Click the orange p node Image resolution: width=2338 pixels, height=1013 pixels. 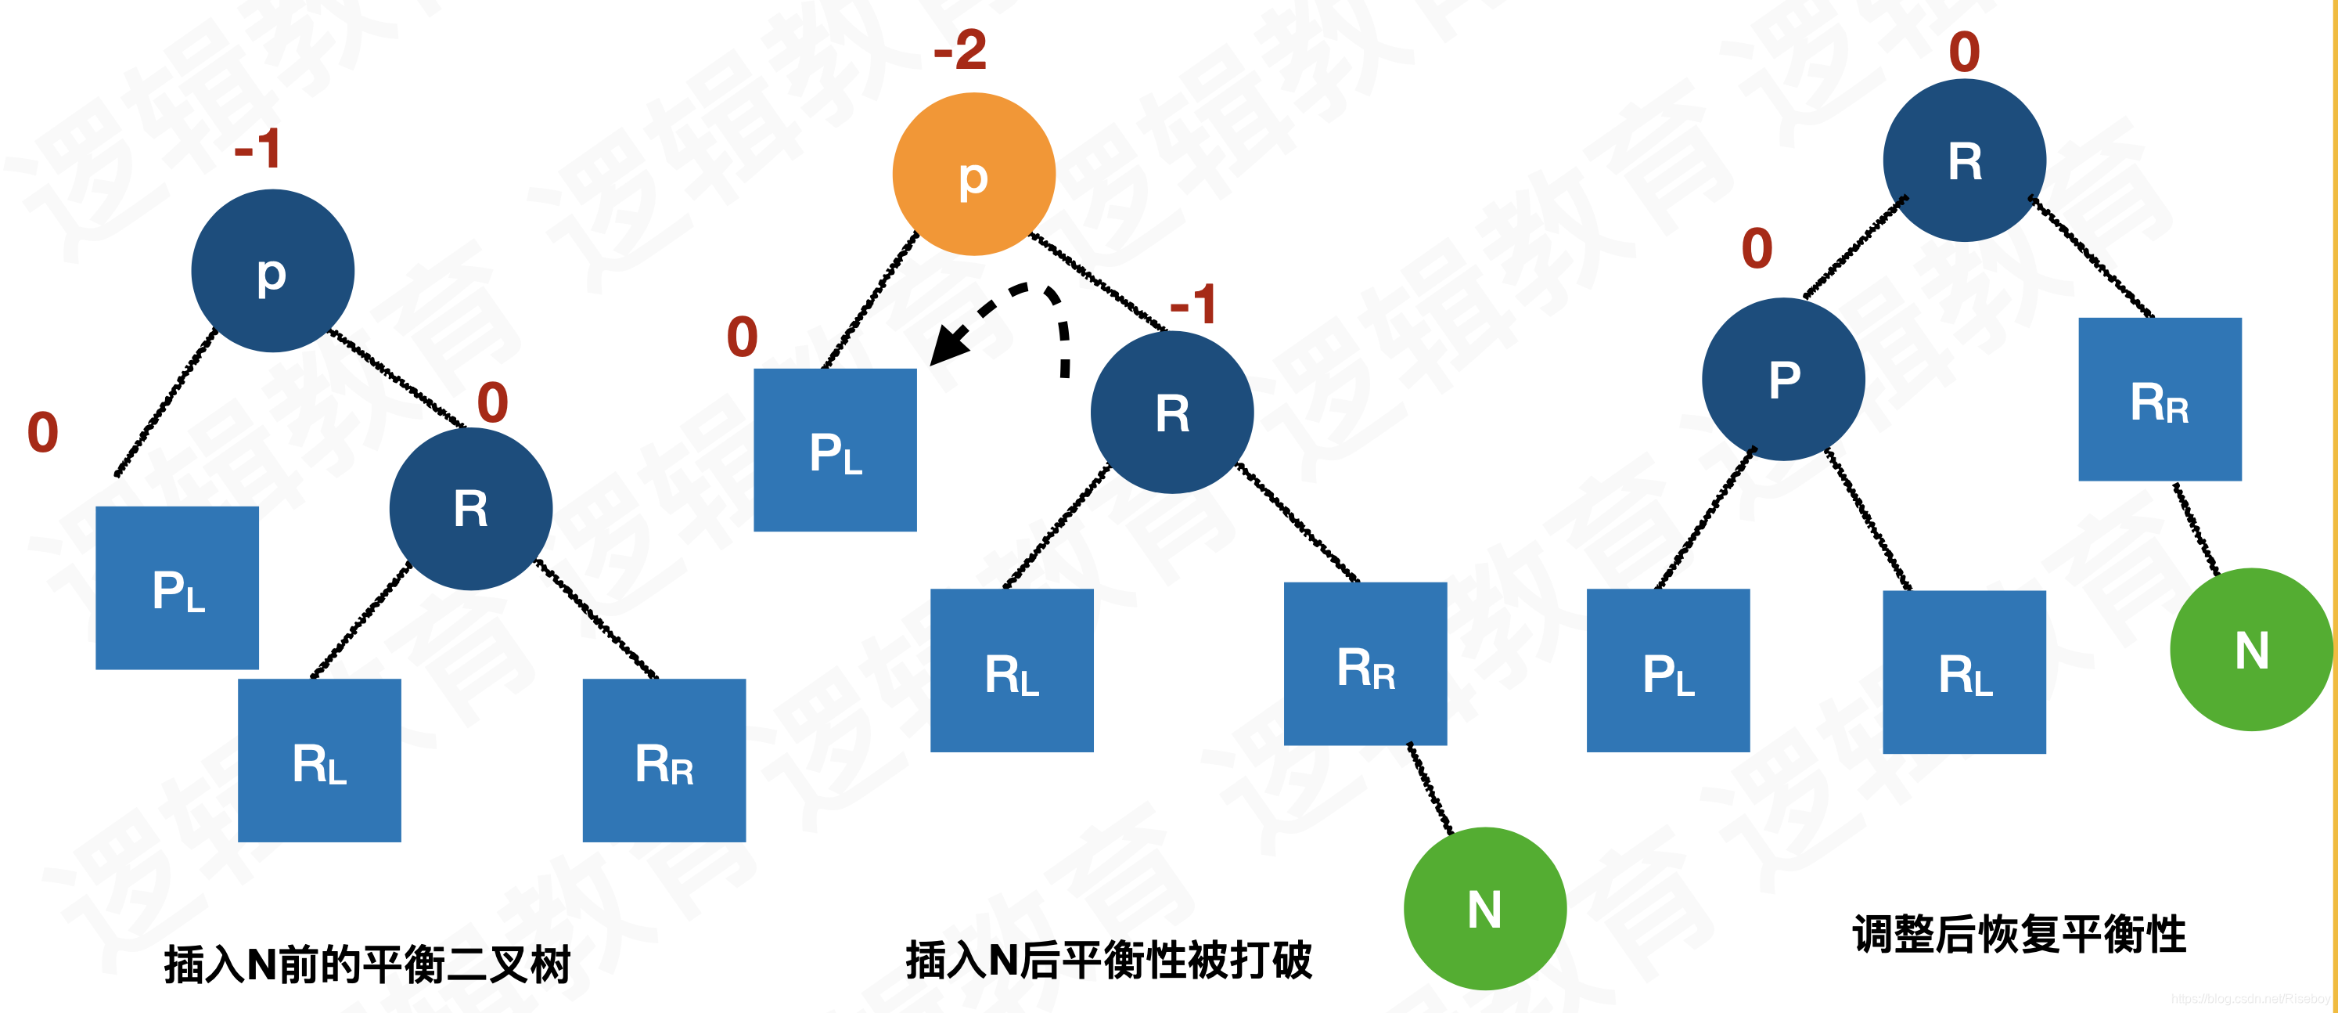click(x=974, y=175)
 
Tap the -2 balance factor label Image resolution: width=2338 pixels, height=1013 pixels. click(x=960, y=50)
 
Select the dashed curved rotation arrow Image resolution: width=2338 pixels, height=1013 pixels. click(x=1008, y=318)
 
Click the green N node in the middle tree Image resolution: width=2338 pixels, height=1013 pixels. click(x=1485, y=907)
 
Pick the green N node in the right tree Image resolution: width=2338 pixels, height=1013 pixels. click(x=2251, y=650)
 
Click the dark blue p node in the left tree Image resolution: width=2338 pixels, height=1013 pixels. click(x=272, y=271)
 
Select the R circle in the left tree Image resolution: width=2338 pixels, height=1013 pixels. click(x=471, y=508)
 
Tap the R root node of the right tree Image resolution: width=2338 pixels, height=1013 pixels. click(x=1964, y=160)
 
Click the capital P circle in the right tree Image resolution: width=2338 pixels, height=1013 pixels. click(x=1783, y=380)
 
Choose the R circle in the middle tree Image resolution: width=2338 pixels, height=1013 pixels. click(x=1171, y=413)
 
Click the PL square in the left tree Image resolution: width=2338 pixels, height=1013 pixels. click(x=177, y=588)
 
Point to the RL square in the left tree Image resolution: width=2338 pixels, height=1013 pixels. click(x=319, y=761)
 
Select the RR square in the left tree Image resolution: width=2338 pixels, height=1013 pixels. click(x=664, y=761)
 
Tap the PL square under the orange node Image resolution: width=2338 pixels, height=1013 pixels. click(x=835, y=450)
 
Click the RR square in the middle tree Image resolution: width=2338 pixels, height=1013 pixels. click(x=1365, y=665)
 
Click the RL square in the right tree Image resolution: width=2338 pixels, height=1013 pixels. click(x=1964, y=672)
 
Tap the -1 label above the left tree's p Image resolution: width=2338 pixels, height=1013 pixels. click(x=257, y=148)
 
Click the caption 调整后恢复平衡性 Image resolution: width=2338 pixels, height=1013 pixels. click(x=2020, y=935)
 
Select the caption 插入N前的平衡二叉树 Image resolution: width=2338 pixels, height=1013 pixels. click(x=368, y=964)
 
